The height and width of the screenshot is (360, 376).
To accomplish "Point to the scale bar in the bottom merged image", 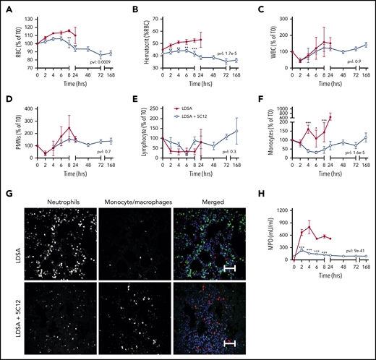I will [226, 343].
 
